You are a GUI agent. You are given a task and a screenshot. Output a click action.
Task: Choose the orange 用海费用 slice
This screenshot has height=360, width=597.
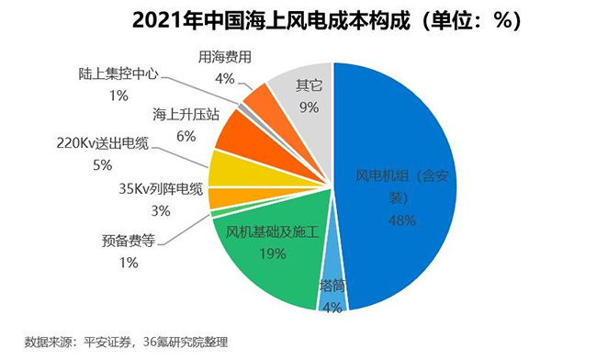click(x=259, y=100)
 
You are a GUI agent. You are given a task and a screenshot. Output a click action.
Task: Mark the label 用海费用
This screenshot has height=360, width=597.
click(x=225, y=58)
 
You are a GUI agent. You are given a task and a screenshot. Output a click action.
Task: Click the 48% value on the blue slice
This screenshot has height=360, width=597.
click(x=400, y=220)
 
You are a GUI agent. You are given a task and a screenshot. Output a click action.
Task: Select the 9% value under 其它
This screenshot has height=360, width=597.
click(x=308, y=107)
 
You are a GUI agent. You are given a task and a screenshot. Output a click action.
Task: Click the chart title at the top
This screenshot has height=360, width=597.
click(x=298, y=20)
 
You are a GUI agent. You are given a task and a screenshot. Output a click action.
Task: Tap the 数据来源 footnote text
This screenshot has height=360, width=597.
click(x=125, y=343)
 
